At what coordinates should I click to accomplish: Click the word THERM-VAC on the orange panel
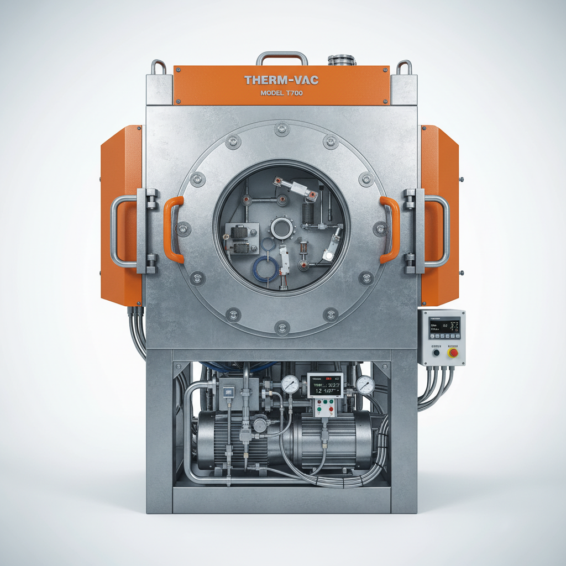pos(281,81)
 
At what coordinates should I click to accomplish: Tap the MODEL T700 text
pos(281,93)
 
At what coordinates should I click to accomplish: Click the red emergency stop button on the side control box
pos(453,352)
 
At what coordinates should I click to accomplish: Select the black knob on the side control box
pos(436,352)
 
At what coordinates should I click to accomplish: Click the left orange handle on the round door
pos(172,229)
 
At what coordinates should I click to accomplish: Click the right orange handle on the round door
pos(390,229)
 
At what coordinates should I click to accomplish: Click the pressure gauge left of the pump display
pos(290,384)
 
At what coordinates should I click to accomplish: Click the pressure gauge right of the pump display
pos(365,385)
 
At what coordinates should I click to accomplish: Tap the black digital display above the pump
pos(325,384)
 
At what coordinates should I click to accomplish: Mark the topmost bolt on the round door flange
pos(281,129)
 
